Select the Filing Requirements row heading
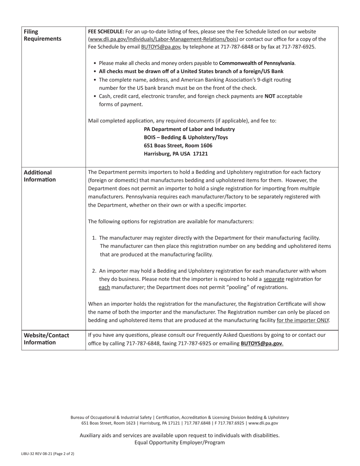coord(42,35)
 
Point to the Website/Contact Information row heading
coord(46,339)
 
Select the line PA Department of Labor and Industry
coord(189,129)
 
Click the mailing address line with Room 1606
coord(178,145)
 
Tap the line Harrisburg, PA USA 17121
coord(175,154)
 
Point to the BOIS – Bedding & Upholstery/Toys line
coord(186,137)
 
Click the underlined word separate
coord(274,279)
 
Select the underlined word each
coord(104,287)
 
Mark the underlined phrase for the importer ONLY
coord(303,320)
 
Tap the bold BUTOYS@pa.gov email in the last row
coord(261,344)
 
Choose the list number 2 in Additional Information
coord(95,271)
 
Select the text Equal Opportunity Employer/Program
coord(180,443)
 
